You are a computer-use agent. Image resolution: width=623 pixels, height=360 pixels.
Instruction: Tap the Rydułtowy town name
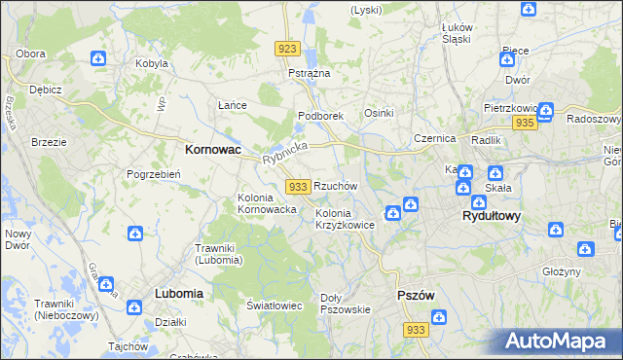[491, 216]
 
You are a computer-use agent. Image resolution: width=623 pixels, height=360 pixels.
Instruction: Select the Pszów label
[416, 295]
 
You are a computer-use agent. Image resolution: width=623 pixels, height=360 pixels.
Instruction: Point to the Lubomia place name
[178, 293]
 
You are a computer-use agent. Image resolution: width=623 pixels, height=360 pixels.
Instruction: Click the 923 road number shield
[286, 48]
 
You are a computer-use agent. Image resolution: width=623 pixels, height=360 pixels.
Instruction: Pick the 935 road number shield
[525, 123]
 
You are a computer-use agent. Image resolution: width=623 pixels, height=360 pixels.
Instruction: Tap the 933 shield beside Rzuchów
[299, 185]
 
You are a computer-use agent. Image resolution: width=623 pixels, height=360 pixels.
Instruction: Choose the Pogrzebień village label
[150, 175]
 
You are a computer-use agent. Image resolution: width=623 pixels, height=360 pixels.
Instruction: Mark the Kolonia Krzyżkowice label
[346, 219]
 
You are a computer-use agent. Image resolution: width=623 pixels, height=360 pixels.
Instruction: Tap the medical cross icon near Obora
[99, 59]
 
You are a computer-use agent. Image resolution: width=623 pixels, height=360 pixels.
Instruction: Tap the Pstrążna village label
[310, 74]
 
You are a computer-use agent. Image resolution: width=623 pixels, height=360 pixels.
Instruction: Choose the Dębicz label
[46, 90]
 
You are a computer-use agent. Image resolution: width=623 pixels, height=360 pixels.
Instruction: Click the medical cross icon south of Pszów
[439, 317]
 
